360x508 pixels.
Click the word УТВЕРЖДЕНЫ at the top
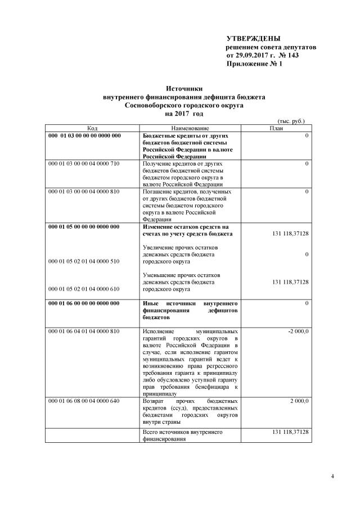tap(253, 38)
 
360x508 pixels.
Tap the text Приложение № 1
tap(254, 65)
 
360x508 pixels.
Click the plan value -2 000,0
tap(298, 332)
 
